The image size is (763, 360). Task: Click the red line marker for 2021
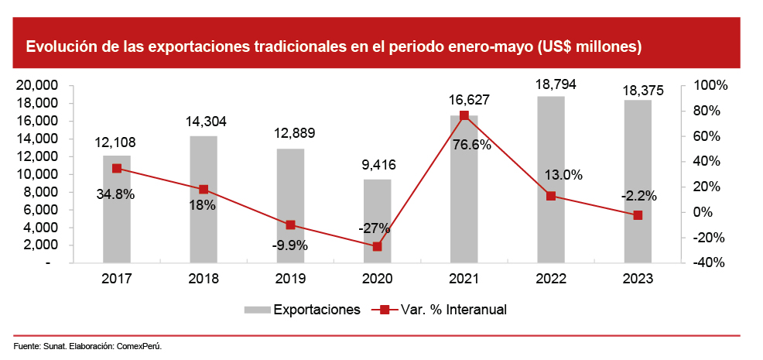pos(464,115)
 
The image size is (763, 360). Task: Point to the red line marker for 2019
pos(290,225)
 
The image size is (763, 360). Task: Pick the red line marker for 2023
pos(638,215)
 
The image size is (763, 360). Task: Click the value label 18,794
pos(551,84)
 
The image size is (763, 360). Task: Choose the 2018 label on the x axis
pos(204,279)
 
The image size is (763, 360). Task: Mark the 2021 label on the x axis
pos(464,279)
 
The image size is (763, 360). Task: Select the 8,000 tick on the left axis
pos(42,192)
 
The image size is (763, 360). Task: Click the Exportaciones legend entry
pos(316,310)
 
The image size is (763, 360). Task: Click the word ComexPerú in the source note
pos(139,345)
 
